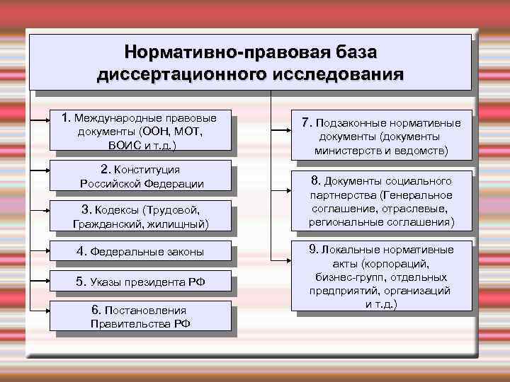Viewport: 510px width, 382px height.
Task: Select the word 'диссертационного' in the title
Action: tap(182, 74)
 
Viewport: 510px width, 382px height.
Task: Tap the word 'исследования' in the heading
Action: tap(337, 74)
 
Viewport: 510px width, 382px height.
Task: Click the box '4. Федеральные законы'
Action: tap(140, 251)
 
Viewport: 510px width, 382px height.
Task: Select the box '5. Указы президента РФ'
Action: tap(140, 281)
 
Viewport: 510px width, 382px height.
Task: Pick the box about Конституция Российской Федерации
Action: tap(140, 176)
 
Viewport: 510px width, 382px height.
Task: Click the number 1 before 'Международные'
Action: tap(65, 117)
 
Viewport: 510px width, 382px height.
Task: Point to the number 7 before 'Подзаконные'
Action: tap(307, 122)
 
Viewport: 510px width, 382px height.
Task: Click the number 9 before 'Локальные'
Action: tap(312, 250)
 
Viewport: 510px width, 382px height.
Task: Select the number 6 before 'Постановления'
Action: tap(96, 310)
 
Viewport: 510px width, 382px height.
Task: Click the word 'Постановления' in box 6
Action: tap(145, 311)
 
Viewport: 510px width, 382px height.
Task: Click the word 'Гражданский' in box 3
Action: tap(106, 224)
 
